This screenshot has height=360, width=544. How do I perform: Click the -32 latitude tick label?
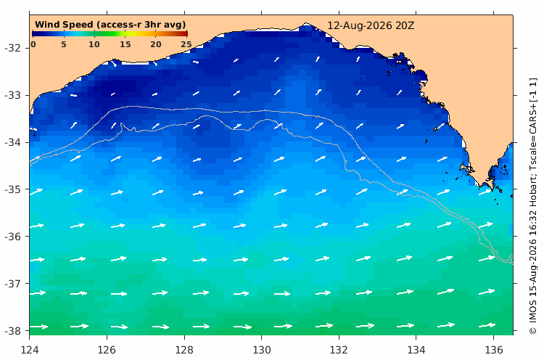click(x=12, y=48)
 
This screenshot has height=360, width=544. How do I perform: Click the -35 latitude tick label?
click(x=12, y=189)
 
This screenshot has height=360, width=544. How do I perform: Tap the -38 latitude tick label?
click(x=12, y=330)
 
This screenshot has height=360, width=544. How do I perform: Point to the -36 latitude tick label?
click(x=12, y=237)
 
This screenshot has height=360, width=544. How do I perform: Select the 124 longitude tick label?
click(x=30, y=350)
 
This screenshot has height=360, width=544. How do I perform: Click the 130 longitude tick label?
click(x=262, y=350)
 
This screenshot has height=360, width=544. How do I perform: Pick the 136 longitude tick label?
click(x=494, y=350)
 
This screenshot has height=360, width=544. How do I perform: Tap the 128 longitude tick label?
click(x=184, y=350)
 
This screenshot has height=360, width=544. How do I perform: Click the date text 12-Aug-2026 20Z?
click(x=371, y=25)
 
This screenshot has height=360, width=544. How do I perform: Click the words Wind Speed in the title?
click(x=64, y=25)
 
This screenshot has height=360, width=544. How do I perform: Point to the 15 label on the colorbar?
click(x=125, y=44)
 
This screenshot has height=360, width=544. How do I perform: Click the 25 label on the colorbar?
click(x=186, y=44)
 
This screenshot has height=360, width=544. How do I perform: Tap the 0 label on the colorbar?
click(x=33, y=44)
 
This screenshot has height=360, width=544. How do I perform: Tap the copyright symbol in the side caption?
click(x=533, y=330)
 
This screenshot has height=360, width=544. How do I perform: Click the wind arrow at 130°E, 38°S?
click(x=283, y=326)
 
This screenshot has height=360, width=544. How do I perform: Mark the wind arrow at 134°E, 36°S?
click(x=404, y=225)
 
